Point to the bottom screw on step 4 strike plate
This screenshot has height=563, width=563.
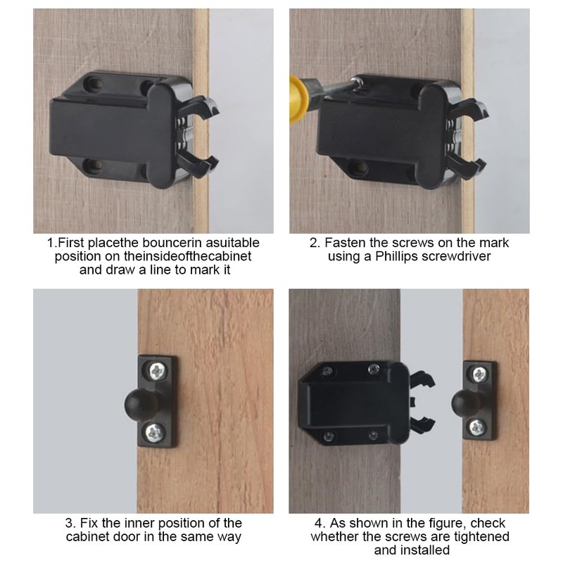[478, 426]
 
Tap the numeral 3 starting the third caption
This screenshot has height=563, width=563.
[68, 523]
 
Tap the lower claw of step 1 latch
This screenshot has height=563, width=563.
[197, 163]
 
